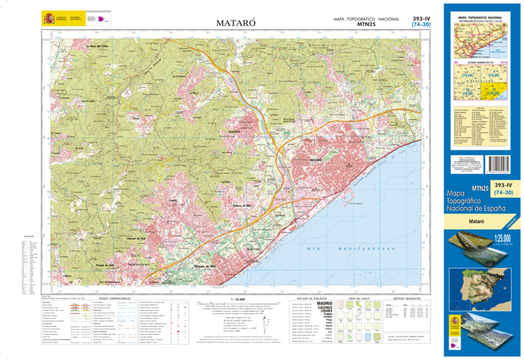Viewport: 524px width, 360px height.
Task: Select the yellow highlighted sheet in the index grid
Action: tap(500, 91)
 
